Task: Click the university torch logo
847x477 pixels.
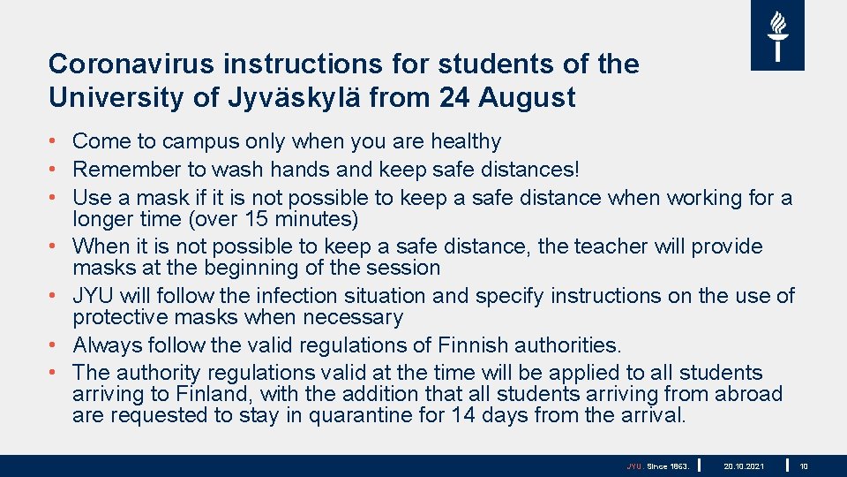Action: [777, 35]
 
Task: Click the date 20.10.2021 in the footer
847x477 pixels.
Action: [744, 466]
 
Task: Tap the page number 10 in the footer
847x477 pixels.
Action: [804, 466]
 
